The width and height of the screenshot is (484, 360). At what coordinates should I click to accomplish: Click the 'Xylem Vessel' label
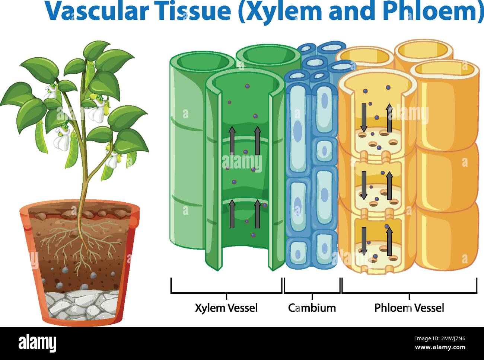point(226,308)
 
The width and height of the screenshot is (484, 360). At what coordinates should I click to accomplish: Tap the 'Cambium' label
point(312,308)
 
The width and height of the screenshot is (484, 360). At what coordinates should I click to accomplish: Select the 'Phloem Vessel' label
point(409,308)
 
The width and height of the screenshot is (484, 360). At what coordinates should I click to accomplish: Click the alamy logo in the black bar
point(38,343)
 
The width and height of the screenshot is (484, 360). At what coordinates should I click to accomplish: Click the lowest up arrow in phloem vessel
point(389,242)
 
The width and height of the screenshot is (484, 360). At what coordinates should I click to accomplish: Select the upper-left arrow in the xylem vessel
point(232,140)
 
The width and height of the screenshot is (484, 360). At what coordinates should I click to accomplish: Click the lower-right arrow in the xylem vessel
point(257,214)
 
